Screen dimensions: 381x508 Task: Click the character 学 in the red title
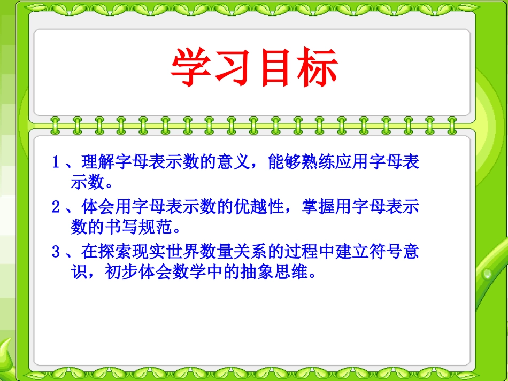[x=192, y=68]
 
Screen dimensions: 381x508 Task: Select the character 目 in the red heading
[x=276, y=68]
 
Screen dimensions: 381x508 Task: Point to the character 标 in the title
[x=318, y=68]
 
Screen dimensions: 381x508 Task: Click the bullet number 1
[x=56, y=162]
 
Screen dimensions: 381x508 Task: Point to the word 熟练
[x=313, y=162]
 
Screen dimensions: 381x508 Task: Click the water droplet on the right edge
[x=487, y=274]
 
